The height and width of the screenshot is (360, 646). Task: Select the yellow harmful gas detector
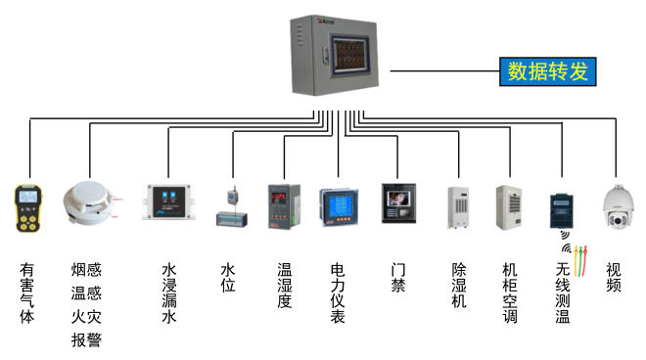[x=27, y=207]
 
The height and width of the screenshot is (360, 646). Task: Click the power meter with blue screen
[x=340, y=206]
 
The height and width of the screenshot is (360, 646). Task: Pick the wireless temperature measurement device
[x=562, y=210]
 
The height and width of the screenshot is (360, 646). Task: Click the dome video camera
[x=616, y=205]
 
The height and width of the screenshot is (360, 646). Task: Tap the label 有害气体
[x=27, y=292]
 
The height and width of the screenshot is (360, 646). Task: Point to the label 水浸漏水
[x=168, y=292]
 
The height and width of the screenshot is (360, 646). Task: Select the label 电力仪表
[x=339, y=292]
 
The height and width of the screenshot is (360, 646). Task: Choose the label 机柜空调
[x=509, y=292]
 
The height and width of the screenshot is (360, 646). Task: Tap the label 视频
[x=614, y=278]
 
